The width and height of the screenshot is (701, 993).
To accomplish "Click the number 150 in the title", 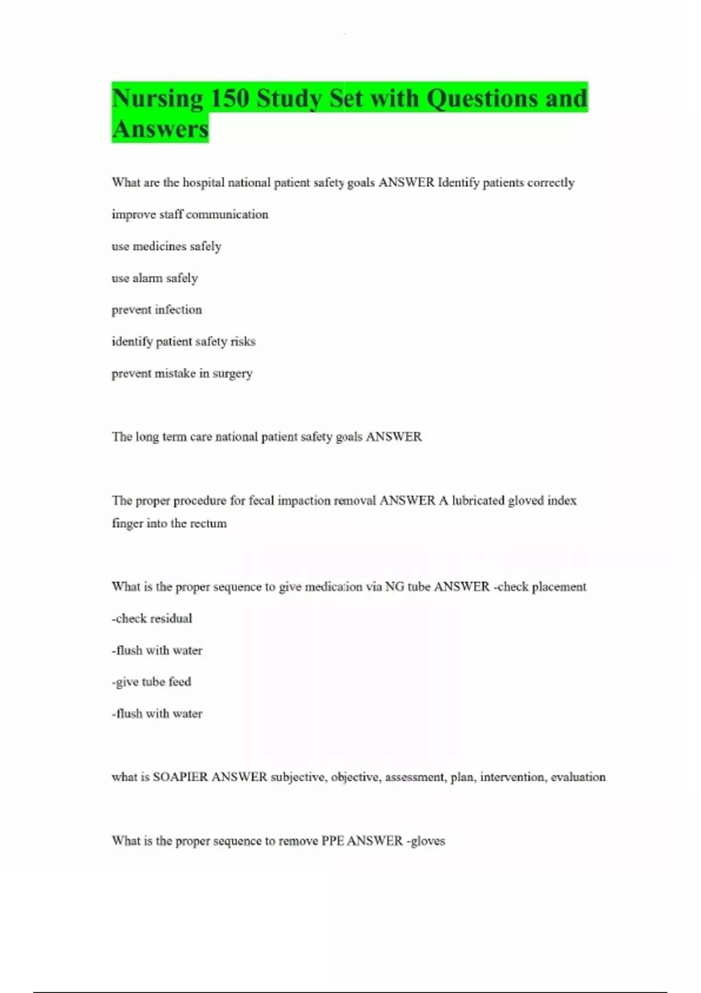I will (229, 98).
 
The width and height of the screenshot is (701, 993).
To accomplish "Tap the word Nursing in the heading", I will (157, 98).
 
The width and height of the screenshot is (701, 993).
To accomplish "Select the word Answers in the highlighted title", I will (160, 129).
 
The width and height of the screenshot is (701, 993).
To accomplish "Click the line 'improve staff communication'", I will (190, 214).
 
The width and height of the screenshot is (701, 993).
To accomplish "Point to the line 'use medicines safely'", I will (166, 246).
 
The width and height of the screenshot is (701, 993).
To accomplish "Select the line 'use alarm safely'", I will (155, 278).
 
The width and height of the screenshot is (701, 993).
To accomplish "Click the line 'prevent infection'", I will (157, 310).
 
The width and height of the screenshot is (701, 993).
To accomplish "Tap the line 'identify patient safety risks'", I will (183, 342).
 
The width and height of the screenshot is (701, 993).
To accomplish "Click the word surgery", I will (232, 374).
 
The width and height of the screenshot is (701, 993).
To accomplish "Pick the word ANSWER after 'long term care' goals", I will (394, 437).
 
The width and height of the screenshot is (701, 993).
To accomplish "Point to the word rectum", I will (208, 523).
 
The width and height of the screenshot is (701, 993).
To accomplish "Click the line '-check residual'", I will (152, 619).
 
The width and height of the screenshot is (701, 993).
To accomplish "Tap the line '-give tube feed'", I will (151, 682).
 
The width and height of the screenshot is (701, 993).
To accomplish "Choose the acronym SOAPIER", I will (180, 777).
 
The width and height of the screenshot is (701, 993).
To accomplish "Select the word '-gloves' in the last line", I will (426, 841).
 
